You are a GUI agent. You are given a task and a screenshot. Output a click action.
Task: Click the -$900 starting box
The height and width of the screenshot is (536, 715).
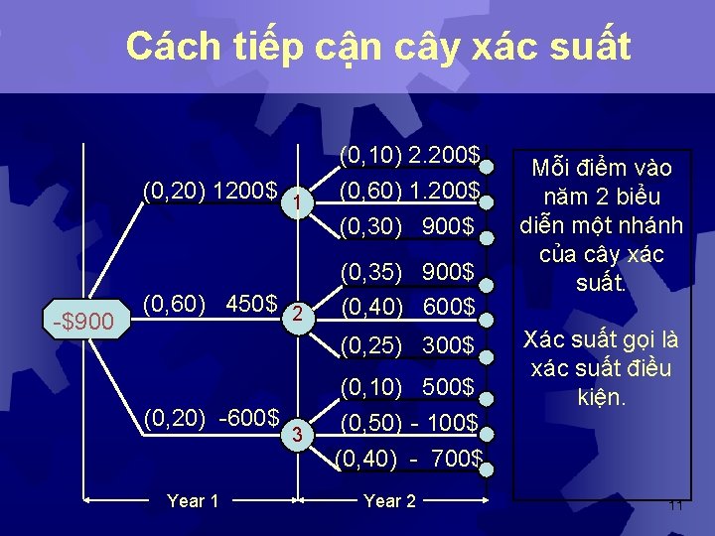pos(86,320)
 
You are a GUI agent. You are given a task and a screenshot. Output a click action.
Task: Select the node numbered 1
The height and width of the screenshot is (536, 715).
pos(295,202)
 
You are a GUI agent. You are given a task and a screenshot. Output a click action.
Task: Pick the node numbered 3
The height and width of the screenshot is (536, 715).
pos(295,432)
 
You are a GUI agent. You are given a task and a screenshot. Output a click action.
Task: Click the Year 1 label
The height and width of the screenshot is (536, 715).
pos(194,501)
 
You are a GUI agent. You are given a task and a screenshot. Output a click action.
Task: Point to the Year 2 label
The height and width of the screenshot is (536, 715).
pos(390,501)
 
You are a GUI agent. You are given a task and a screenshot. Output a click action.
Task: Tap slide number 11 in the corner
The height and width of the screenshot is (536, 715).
pos(675,506)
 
